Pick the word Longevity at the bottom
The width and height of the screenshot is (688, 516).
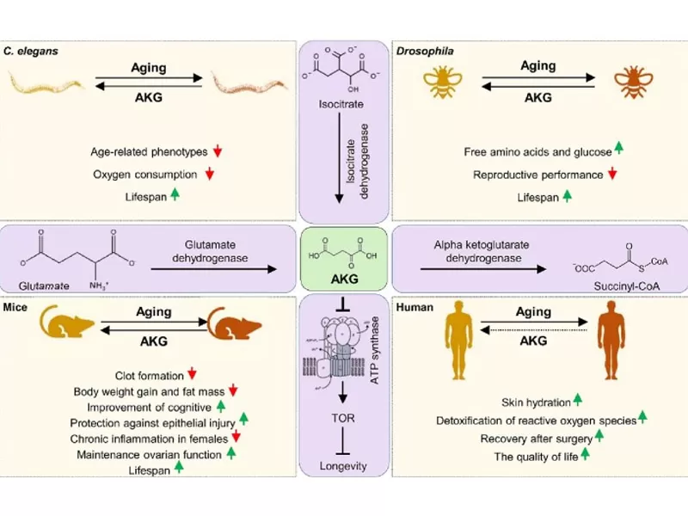coord(343,466)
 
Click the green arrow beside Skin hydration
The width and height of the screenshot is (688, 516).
coord(578,400)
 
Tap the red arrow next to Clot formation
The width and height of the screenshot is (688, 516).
coord(193,374)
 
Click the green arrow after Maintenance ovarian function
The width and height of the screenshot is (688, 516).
coord(231,453)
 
